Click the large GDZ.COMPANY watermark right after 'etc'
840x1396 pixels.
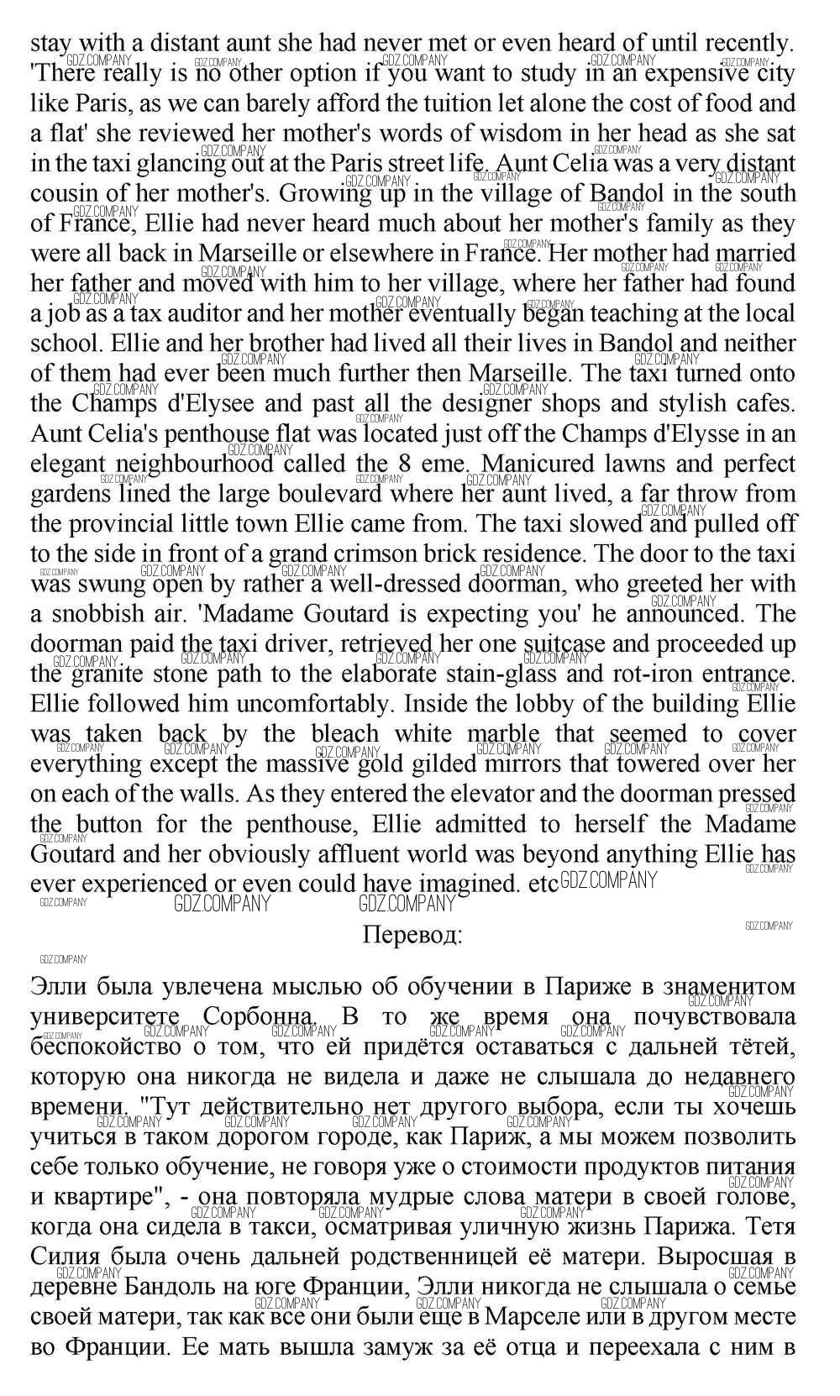tap(608, 881)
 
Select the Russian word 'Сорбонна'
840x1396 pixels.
tap(259, 1016)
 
